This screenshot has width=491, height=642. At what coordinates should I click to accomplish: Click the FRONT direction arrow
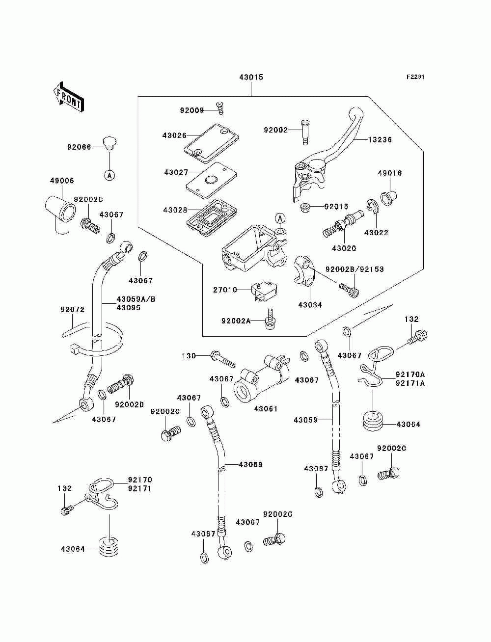(68, 97)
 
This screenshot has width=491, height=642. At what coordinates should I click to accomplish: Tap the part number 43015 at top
(251, 77)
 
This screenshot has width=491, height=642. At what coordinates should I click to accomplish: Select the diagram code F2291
(415, 77)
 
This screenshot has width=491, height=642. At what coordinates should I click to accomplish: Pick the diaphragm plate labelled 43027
(212, 178)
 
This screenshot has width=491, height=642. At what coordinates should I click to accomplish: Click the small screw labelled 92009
(219, 107)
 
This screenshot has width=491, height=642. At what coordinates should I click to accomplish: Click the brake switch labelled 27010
(264, 291)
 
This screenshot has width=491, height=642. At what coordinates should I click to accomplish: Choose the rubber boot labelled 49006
(60, 208)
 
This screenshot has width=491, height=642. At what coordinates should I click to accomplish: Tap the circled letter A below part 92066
(109, 175)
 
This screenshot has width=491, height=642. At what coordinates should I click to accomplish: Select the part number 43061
(266, 408)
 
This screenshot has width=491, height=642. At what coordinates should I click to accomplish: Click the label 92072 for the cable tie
(72, 309)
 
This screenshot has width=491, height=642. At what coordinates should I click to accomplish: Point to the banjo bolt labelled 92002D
(121, 385)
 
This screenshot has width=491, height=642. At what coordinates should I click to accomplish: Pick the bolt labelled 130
(223, 359)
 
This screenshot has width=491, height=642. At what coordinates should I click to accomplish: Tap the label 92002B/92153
(355, 269)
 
